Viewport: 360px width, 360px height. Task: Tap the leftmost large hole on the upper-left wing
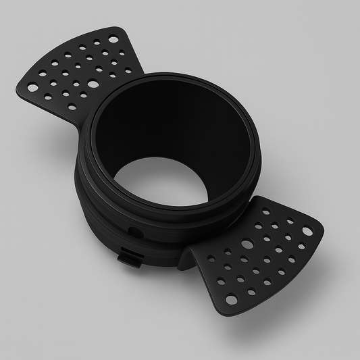(x=32, y=86)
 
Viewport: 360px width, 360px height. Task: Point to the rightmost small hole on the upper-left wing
(x=128, y=70)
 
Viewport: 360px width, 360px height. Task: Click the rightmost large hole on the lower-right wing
(x=308, y=232)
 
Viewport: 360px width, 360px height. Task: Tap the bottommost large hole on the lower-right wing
(x=232, y=299)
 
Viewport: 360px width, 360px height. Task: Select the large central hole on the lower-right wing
(x=247, y=244)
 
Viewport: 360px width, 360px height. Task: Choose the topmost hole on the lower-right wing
(x=265, y=211)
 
